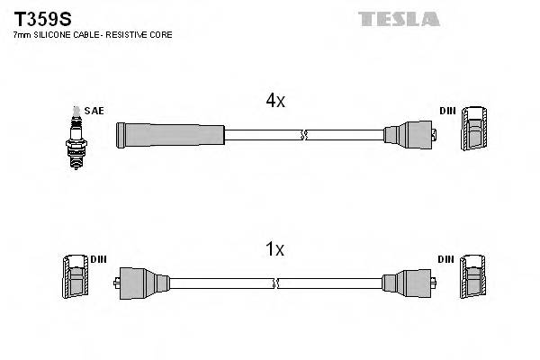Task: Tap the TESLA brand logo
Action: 398,19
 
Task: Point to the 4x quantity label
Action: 275,102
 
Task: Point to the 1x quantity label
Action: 275,249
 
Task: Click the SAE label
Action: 96,111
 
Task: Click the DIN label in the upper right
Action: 447,111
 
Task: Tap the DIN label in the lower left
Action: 98,260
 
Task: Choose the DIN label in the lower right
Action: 446,260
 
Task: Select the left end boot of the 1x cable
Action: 142,283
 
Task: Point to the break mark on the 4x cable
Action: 304,136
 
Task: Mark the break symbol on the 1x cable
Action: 276,283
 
